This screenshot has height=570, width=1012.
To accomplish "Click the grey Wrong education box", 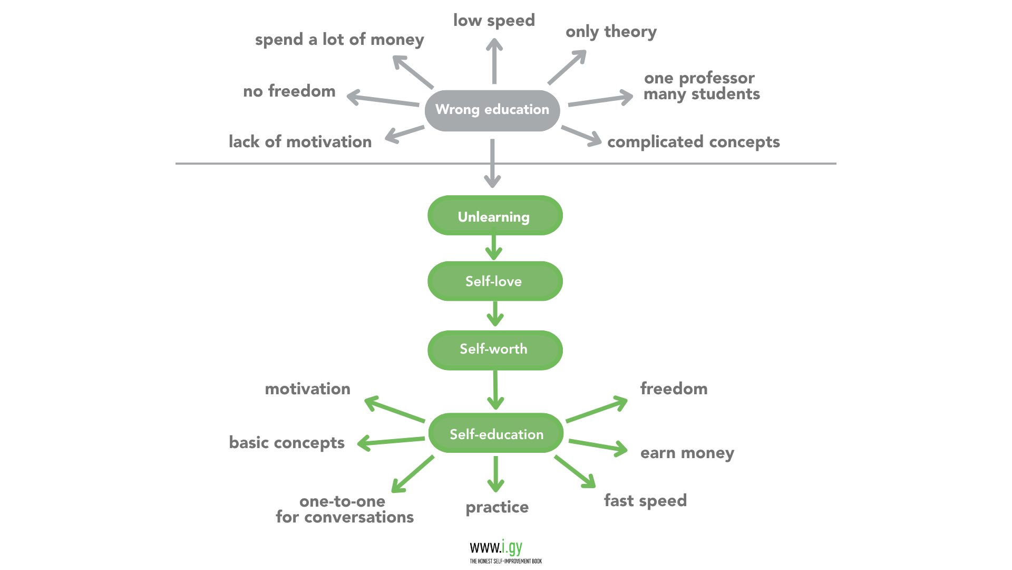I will (x=492, y=110).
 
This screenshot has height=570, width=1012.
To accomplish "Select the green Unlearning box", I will (x=494, y=216).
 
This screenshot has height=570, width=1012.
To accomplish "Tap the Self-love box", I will (x=494, y=281).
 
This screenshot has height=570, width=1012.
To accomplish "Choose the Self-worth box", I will (x=494, y=349).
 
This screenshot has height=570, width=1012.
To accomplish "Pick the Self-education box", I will (x=496, y=433).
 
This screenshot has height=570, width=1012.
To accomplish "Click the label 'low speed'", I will (x=494, y=21).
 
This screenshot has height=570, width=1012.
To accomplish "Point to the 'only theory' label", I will (x=611, y=32).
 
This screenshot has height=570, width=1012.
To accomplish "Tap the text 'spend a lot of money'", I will (x=339, y=40).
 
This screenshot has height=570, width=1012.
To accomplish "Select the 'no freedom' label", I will (x=289, y=91).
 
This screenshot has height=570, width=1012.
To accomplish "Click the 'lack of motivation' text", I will (x=300, y=141).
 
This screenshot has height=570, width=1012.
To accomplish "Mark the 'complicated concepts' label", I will (x=693, y=142).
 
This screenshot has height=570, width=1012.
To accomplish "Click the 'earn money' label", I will (x=687, y=453).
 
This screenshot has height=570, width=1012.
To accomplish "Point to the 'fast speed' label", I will (x=645, y=500).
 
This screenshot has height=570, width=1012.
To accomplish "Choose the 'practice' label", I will (x=497, y=507).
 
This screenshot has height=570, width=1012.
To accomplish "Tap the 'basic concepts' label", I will (x=286, y=442).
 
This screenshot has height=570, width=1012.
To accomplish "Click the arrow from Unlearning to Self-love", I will (x=494, y=248).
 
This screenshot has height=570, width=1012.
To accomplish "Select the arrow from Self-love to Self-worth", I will (x=495, y=314).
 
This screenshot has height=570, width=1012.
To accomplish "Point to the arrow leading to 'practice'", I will (x=495, y=473).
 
